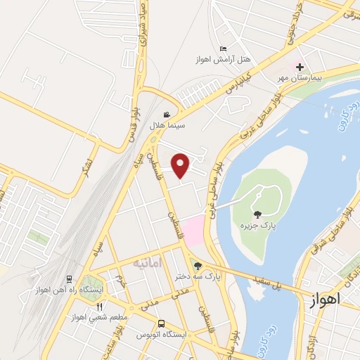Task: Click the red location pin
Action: coord(181,165)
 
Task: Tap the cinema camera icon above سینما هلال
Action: coord(167,115)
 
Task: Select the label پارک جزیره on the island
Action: coord(256,225)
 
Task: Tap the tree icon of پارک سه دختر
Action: coord(198,266)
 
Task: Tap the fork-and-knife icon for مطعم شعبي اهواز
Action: coord(99,307)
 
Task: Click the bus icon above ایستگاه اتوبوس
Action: coord(162,324)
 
